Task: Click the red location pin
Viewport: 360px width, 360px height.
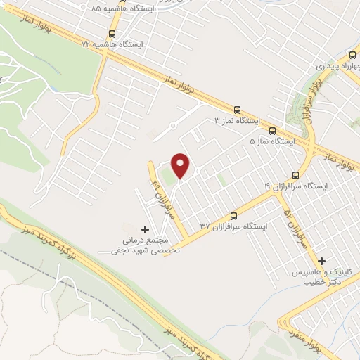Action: point(181,165)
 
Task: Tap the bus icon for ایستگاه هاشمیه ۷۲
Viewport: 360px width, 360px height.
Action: point(112,33)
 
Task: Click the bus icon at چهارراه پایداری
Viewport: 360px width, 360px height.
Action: point(351,55)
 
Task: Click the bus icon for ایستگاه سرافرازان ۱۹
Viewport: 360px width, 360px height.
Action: point(295,175)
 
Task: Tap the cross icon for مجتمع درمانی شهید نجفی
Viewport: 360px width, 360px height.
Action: point(146,229)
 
